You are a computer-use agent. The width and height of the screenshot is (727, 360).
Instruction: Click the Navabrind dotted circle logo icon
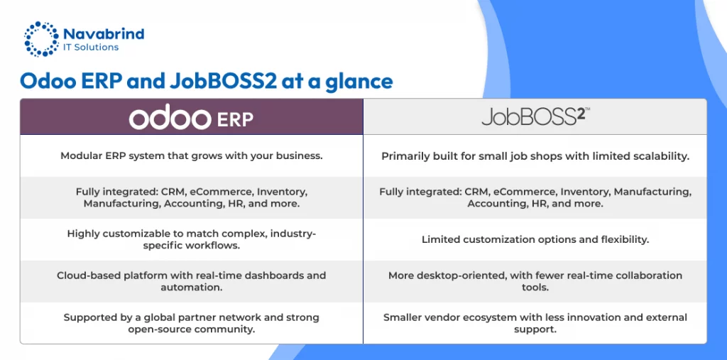tap(41, 38)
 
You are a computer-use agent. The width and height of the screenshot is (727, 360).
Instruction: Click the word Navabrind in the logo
tap(104, 34)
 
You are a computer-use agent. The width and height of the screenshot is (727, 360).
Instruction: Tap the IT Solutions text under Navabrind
tap(91, 48)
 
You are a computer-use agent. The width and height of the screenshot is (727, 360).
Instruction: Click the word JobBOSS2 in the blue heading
tap(224, 81)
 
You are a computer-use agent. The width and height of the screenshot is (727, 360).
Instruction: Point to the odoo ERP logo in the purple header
tap(191, 119)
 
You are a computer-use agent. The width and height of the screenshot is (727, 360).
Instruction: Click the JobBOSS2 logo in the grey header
tap(535, 117)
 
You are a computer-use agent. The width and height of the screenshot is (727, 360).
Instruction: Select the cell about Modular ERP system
tap(192, 156)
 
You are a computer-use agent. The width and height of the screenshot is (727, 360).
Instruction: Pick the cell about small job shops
tap(535, 156)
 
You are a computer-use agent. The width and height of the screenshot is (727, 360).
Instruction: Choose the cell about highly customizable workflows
tap(192, 239)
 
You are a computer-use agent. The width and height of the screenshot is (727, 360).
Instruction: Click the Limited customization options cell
tap(535, 240)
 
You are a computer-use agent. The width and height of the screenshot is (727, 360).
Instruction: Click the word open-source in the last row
tap(154, 329)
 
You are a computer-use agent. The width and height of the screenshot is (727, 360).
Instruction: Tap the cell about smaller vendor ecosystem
tap(535, 323)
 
